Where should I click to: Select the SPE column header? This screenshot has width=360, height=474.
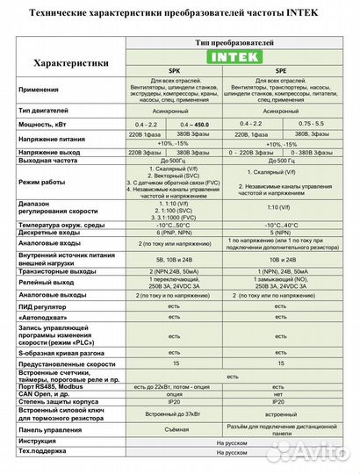pos(279,74)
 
